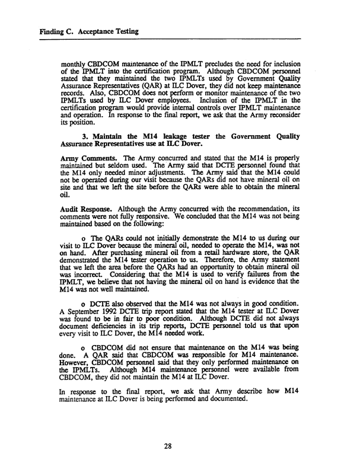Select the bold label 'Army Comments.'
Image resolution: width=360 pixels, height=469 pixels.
87,179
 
